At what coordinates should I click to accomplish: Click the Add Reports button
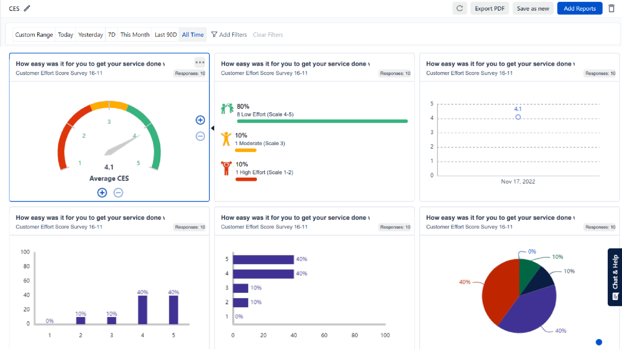[580, 8]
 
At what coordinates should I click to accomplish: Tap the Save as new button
[533, 8]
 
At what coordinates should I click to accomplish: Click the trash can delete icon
[611, 8]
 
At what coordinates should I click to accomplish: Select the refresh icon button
[459, 8]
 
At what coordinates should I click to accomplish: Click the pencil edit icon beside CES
[27, 8]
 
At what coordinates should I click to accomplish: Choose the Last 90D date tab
[166, 35]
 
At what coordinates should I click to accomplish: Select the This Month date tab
[135, 35]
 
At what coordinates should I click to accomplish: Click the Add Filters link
[229, 35]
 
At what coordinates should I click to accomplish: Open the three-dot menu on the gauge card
[200, 62]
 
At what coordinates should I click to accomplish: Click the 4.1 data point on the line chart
[518, 117]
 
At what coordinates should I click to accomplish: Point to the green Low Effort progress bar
[322, 121]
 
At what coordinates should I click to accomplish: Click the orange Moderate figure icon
[226, 139]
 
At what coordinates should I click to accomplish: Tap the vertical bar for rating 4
[143, 309]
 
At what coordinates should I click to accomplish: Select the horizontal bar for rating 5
[263, 259]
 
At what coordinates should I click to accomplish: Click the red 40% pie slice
[499, 291]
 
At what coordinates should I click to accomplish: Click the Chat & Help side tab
[615, 277]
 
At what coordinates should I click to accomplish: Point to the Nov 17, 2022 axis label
[518, 182]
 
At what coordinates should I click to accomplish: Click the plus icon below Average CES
[102, 193]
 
